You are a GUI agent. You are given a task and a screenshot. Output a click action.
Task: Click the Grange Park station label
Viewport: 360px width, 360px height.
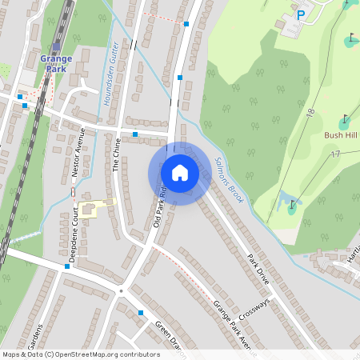pyautogui.click(x=56, y=63)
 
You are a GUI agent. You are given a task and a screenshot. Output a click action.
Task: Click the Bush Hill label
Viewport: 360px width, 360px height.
pyautogui.click(x=342, y=135)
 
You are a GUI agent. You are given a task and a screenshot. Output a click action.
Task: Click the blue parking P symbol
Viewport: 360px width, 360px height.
pyautogui.click(x=301, y=14)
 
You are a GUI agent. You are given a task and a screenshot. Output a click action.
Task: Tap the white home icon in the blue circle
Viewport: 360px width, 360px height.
pyautogui.click(x=179, y=172)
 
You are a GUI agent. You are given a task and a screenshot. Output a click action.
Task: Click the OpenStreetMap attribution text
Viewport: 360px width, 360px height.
pyautogui.click(x=80, y=354)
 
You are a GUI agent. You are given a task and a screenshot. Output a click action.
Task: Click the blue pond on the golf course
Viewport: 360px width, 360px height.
pyautogui.click(x=283, y=199)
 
